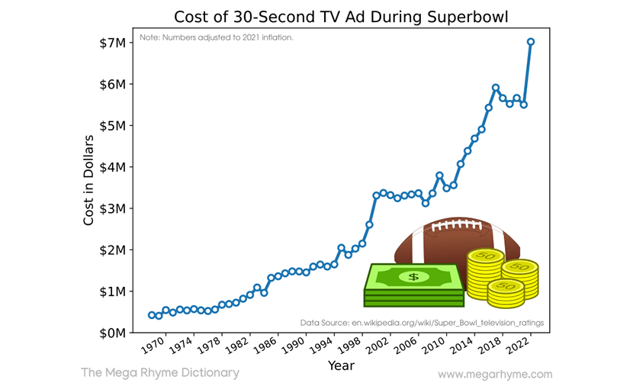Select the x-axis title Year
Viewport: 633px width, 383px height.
click(340, 365)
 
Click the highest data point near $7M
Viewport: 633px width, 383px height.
click(531, 42)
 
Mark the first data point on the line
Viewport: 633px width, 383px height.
click(152, 315)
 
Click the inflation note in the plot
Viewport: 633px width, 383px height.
click(217, 37)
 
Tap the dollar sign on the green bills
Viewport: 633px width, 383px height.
click(413, 276)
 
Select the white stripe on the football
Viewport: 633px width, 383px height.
click(417, 243)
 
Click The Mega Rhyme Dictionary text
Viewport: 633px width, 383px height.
click(159, 372)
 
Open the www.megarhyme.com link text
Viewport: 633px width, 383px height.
click(495, 374)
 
